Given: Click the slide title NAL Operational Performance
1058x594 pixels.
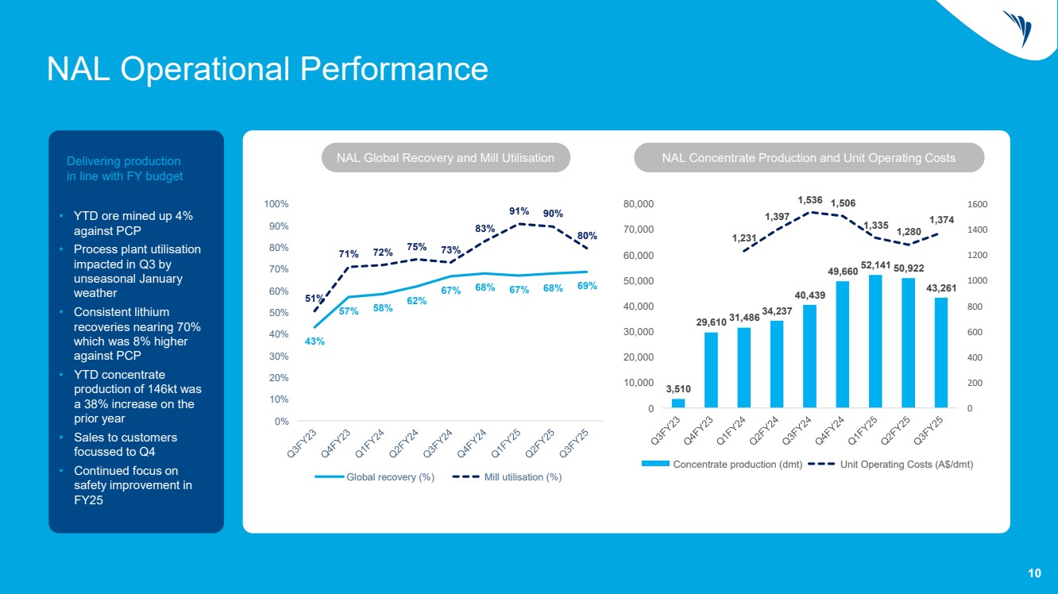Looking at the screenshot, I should [267, 68].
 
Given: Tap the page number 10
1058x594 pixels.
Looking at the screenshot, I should [1034, 573].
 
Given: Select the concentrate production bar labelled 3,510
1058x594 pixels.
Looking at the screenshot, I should [678, 403].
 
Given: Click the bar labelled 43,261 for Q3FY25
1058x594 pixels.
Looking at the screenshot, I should [940, 353].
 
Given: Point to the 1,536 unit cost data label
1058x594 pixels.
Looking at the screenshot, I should [811, 201].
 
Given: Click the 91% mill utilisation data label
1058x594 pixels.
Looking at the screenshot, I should [519, 211].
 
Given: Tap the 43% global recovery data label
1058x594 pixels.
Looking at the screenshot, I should [315, 341].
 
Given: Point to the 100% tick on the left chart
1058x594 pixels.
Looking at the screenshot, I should [277, 204].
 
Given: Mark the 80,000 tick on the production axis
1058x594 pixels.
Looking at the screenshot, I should [638, 204].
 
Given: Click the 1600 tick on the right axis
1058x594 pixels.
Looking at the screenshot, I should [977, 204].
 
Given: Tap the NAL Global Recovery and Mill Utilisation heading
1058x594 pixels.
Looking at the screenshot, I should [446, 158].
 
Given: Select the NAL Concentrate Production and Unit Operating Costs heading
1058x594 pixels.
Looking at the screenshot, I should [809, 158].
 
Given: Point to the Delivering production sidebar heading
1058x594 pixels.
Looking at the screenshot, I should [125, 168].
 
